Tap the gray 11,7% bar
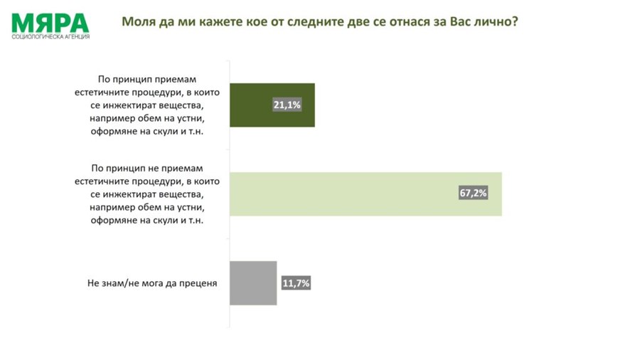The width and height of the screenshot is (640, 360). [252, 282]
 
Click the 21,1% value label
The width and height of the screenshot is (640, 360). [287, 105]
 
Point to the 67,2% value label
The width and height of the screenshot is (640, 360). [474, 194]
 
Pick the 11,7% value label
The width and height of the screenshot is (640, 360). [296, 283]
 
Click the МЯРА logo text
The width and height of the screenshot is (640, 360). [50, 21]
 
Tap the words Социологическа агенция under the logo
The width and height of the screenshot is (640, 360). [50, 36]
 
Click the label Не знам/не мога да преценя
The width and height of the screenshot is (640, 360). [152, 283]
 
